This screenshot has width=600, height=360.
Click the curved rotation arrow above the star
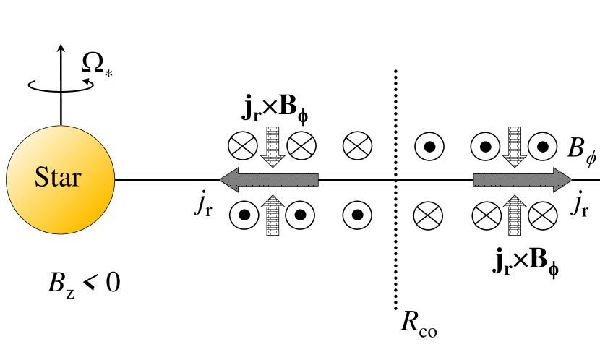(x=60, y=85)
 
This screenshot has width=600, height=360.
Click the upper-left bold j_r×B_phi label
(x=276, y=112)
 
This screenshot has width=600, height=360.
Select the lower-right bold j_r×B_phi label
(x=517, y=264)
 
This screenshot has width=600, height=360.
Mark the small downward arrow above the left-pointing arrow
(x=273, y=147)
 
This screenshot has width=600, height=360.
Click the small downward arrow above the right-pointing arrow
(x=514, y=147)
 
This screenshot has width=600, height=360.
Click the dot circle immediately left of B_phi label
(x=542, y=147)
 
